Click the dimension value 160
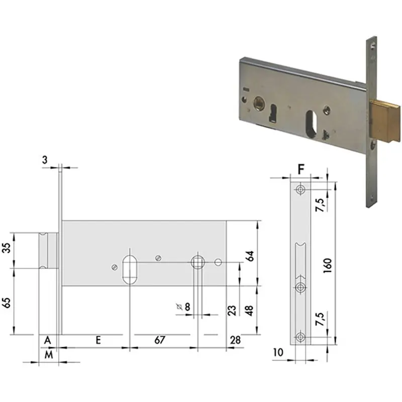click(328, 266)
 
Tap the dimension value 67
click(160, 340)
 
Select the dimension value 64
click(250, 256)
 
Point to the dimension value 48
click(249, 311)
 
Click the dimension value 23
click(232, 311)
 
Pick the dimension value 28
click(235, 340)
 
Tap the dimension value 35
click(7, 248)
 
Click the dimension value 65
click(7, 303)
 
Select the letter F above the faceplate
click(301, 169)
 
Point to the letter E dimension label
click(98, 340)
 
